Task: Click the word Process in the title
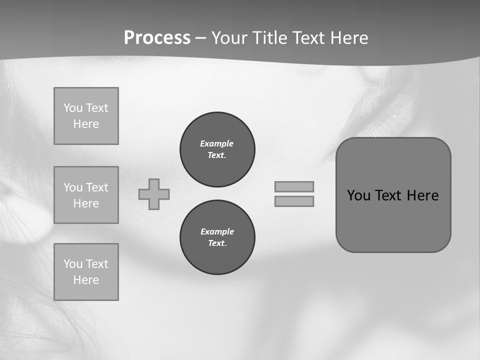tap(157, 38)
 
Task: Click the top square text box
tap(86, 116)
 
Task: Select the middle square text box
tap(86, 195)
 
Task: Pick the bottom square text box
tap(86, 272)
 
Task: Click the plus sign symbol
tap(154, 194)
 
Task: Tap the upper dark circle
tap(217, 149)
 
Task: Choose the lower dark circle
tap(217, 237)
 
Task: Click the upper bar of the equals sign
tap(294, 186)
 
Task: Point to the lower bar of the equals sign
tap(294, 201)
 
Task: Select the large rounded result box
tap(393, 220)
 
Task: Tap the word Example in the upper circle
tap(217, 143)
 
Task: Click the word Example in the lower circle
tap(217, 231)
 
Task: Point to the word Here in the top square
tap(86, 124)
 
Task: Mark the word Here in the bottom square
tap(86, 280)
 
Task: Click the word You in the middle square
tap(73, 187)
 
